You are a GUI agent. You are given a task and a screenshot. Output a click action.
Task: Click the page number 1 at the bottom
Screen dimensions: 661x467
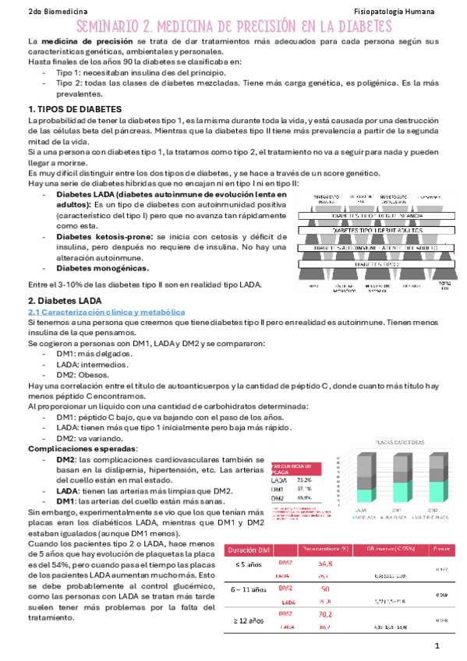[438, 646]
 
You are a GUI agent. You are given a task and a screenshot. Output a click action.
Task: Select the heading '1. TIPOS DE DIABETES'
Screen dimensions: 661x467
[75, 108]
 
